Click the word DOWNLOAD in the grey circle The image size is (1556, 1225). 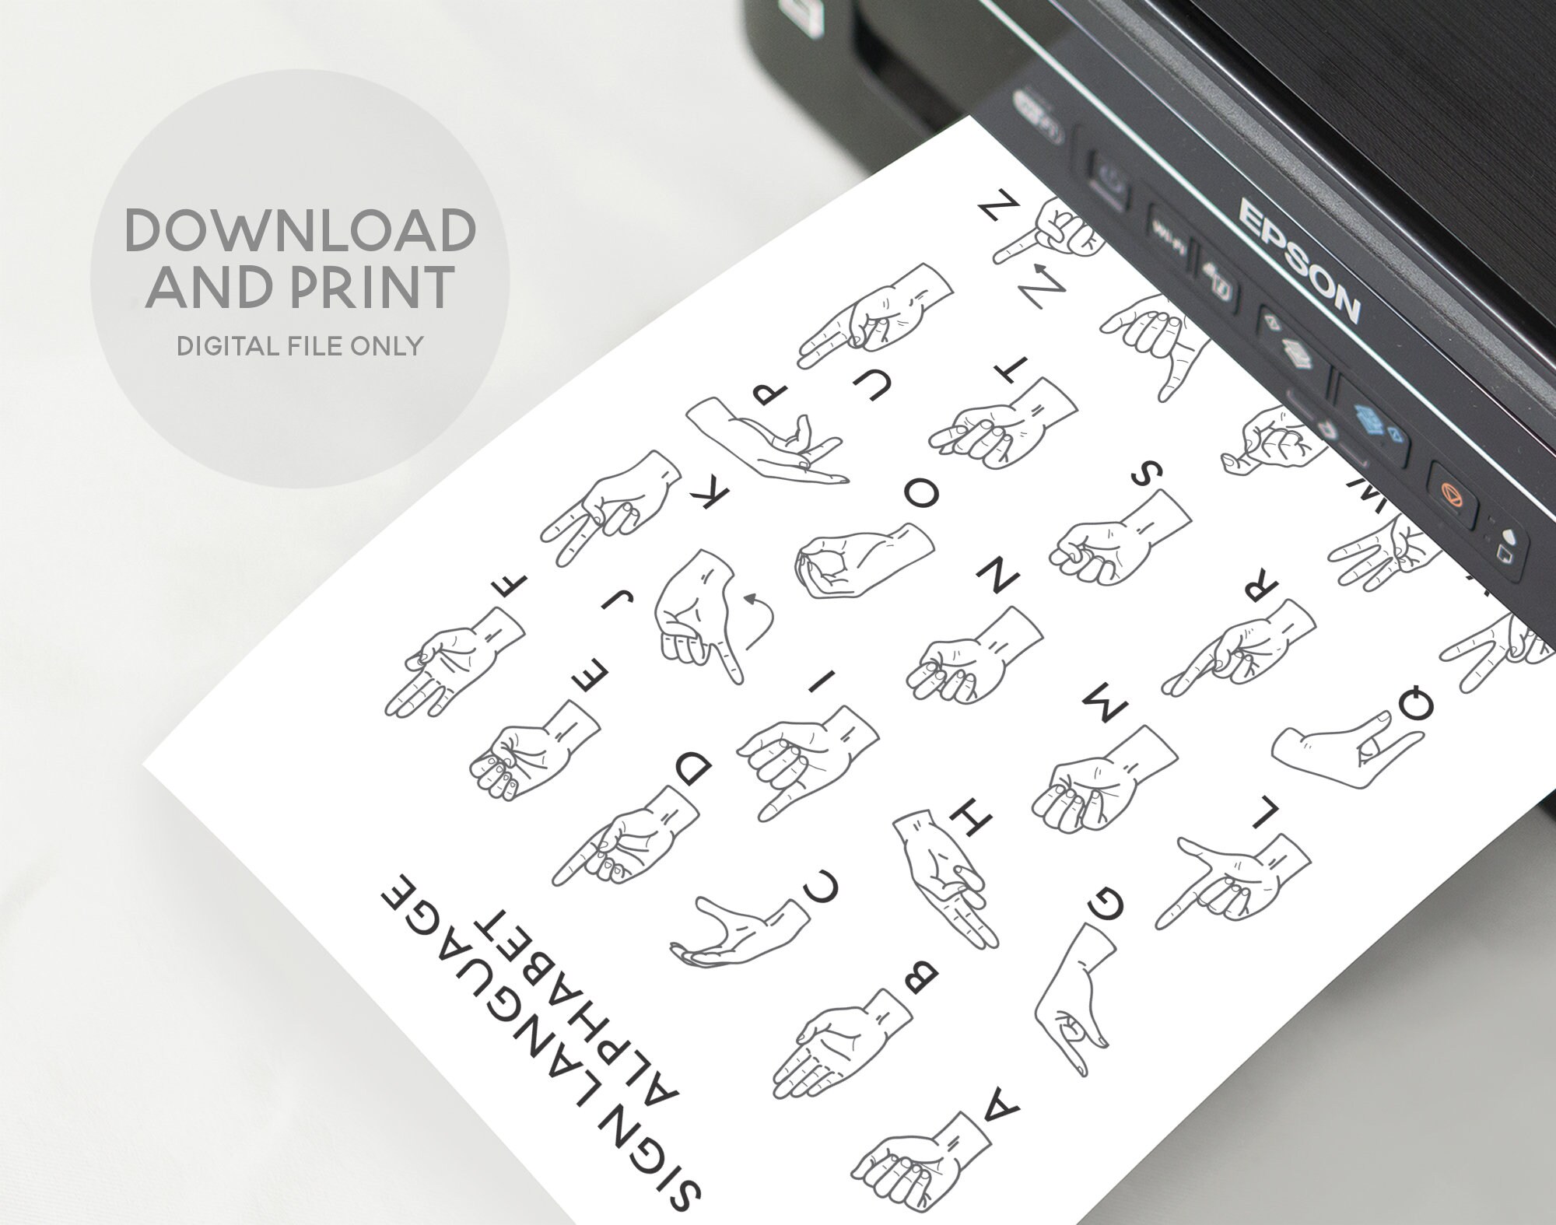pyautogui.click(x=300, y=230)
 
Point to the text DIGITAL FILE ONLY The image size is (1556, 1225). pyautogui.click(x=300, y=345)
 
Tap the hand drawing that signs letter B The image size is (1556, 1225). pyautogui.click(x=840, y=1047)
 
